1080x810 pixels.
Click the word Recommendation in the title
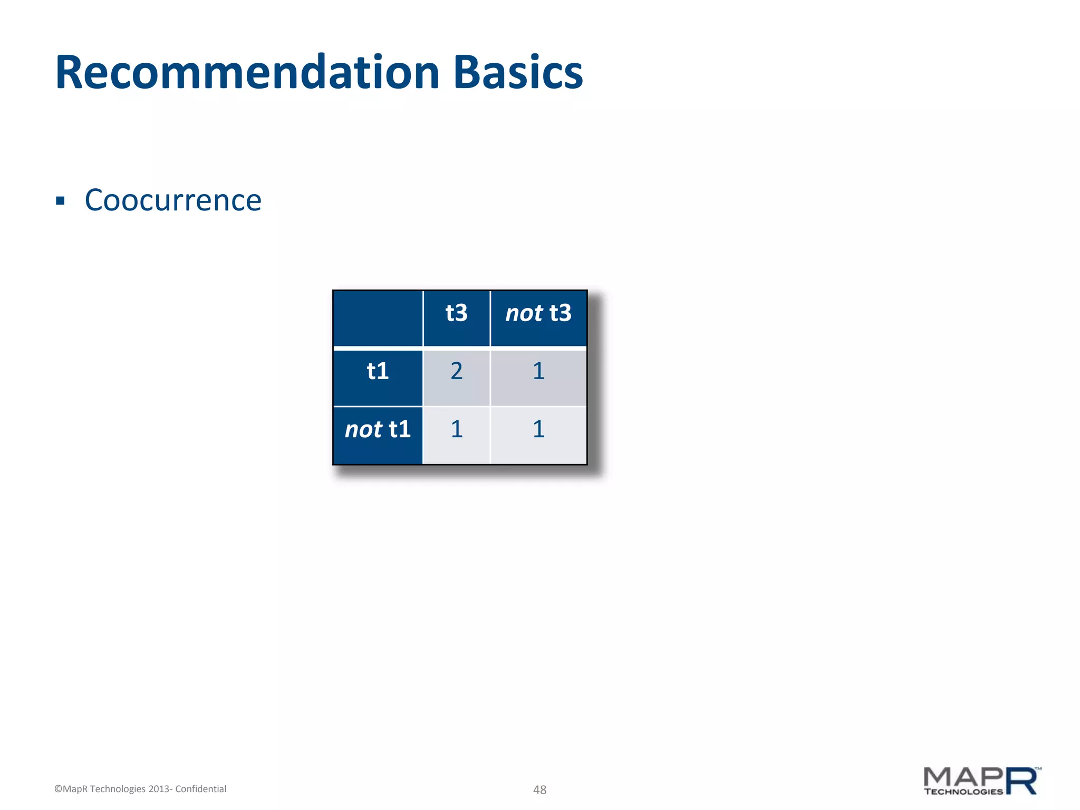247,73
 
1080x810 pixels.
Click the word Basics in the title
518,73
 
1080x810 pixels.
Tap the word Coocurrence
173,200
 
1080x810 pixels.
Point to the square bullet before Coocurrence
60,201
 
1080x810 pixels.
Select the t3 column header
457,313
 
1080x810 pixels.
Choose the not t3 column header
538,313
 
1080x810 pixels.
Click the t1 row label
378,371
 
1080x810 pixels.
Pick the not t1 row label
378,429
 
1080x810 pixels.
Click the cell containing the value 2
457,371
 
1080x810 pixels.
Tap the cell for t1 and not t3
538,371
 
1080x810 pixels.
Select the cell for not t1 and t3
457,429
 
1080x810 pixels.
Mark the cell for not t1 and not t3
538,429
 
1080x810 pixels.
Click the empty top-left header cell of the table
378,318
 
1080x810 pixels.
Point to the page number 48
539,789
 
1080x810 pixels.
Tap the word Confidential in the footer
201,789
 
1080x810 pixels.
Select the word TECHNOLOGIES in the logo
963,792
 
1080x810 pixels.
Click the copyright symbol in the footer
58,789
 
